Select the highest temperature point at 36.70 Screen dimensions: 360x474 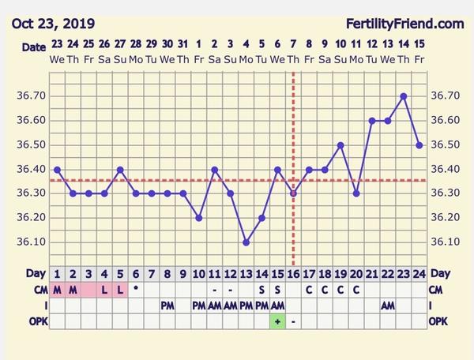click(404, 96)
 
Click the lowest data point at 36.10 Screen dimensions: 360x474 click(246, 242)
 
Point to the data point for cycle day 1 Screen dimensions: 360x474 click(57, 169)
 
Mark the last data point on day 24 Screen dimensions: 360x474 click(419, 145)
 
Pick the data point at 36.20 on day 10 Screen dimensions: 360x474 click(198, 218)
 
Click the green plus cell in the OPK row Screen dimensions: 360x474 click(277, 321)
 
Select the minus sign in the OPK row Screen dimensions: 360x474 click(293, 321)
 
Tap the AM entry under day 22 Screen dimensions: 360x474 click(388, 305)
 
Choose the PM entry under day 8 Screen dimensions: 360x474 click(167, 305)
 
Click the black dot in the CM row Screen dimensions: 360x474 click(136, 288)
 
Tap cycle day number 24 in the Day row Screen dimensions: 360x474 click(419, 274)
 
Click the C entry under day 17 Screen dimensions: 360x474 click(309, 289)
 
